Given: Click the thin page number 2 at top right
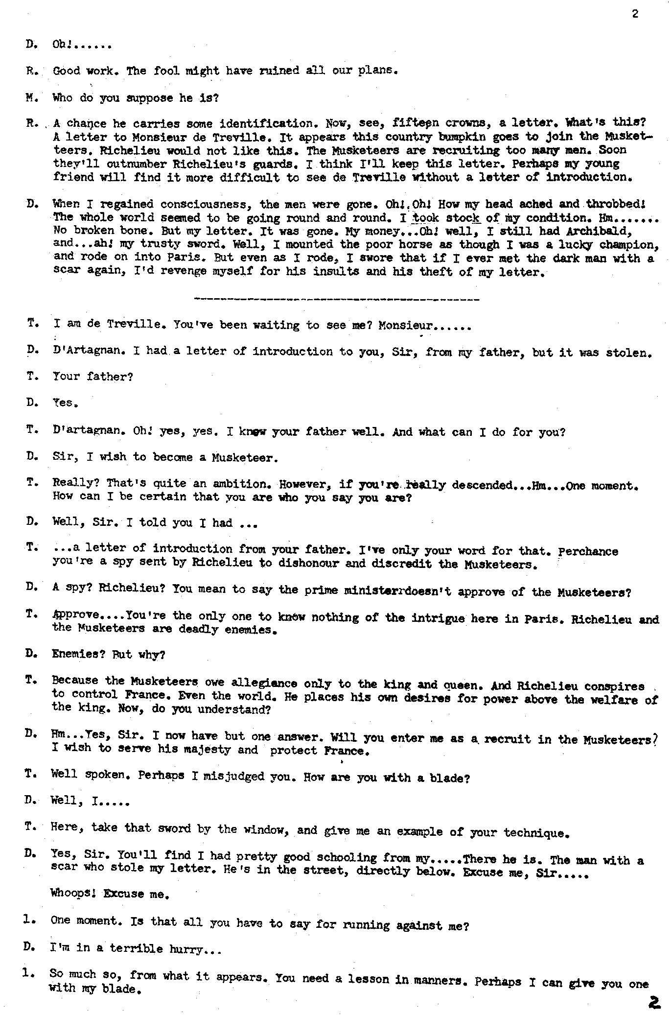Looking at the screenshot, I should click(635, 14).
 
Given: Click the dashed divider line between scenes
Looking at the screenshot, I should click(337, 299).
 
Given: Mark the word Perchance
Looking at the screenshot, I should click(588, 551).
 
